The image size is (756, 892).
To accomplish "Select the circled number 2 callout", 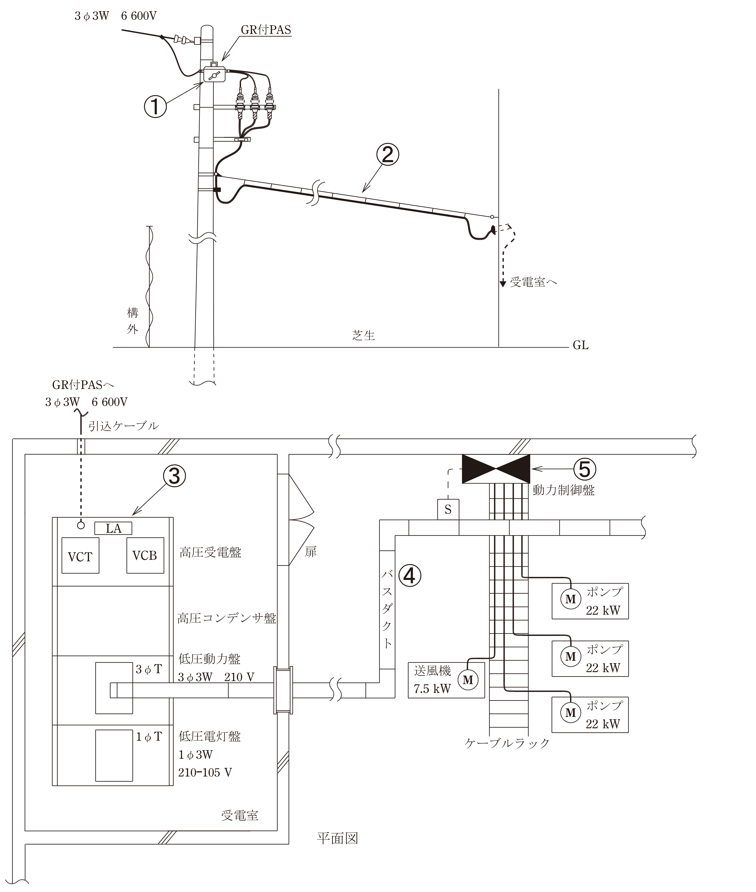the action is pyautogui.click(x=387, y=155).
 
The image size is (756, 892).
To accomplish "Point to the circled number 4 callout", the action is pyautogui.click(x=410, y=576).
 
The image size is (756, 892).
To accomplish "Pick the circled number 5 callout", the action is pyautogui.click(x=585, y=469).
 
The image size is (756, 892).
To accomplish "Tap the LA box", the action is pyautogui.click(x=113, y=528).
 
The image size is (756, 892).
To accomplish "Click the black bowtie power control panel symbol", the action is pyautogui.click(x=496, y=469).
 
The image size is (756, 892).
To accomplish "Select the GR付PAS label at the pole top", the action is pyautogui.click(x=266, y=30).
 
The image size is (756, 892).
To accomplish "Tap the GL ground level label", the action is pyautogui.click(x=581, y=345).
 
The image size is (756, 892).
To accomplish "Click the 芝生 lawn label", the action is pyautogui.click(x=363, y=335).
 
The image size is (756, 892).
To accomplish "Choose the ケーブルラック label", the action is pyautogui.click(x=507, y=743).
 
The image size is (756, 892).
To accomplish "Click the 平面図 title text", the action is pyautogui.click(x=337, y=838).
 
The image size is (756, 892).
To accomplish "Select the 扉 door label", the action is pyautogui.click(x=311, y=552).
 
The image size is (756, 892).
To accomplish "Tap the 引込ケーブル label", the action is pyautogui.click(x=123, y=426).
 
